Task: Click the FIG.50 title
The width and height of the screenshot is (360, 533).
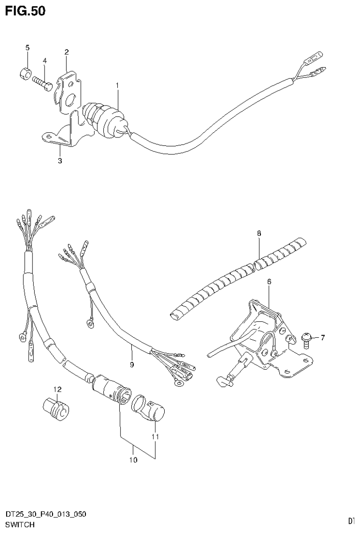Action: (25, 11)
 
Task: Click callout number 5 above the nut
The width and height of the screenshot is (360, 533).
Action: (27, 47)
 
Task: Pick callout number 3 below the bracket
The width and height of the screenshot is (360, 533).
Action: (60, 160)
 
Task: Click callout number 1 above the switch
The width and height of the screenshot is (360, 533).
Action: (117, 85)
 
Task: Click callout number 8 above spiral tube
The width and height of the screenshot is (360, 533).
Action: (259, 233)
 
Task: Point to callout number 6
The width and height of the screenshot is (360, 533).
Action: (269, 282)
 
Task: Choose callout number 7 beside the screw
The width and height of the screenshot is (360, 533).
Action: (322, 337)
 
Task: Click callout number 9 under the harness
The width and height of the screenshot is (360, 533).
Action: (132, 364)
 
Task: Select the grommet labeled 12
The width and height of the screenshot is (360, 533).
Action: (56, 407)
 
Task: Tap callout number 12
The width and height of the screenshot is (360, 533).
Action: (57, 389)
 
